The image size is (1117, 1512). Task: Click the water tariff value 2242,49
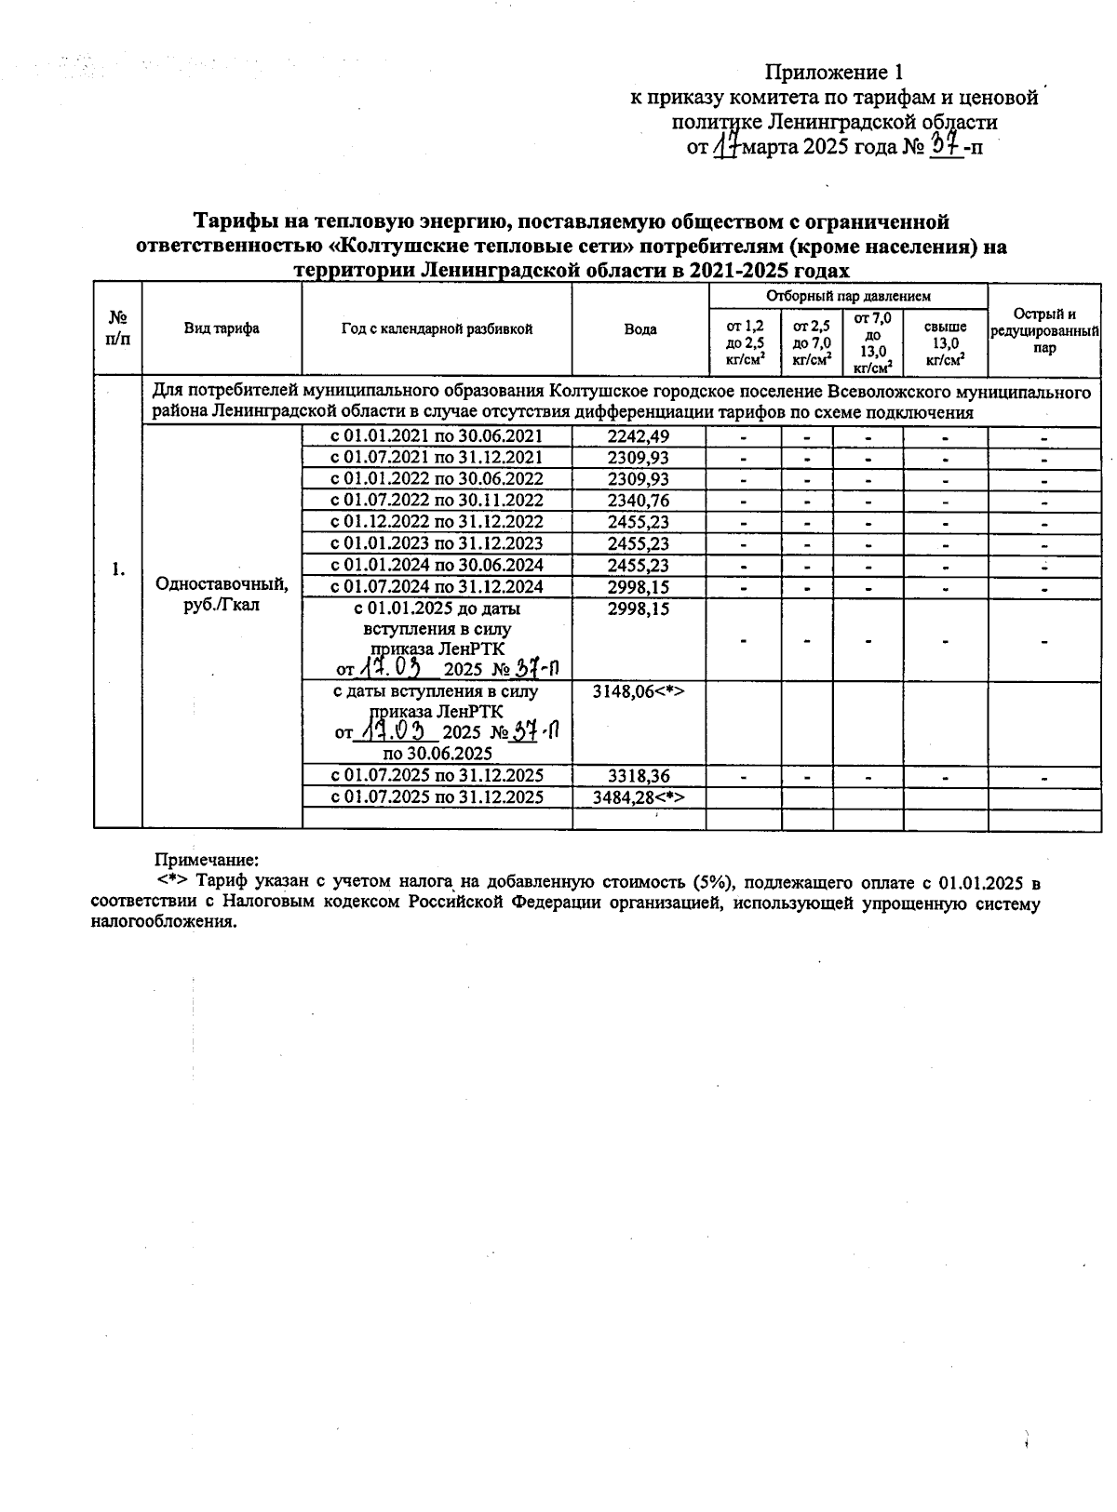[639, 436]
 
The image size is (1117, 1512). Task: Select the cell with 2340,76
[639, 501]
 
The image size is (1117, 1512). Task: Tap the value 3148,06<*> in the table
[639, 692]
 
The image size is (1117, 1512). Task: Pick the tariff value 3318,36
[639, 776]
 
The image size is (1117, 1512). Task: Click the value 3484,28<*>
[639, 797]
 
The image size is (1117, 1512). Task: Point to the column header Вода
[639, 328]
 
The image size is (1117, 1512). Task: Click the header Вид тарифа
[222, 328]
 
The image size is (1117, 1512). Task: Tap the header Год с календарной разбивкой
[437, 328]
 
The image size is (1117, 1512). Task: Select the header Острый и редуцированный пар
[1044, 330]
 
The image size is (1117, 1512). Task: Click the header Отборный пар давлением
[848, 296]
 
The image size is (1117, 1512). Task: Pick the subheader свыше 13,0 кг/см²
[946, 343]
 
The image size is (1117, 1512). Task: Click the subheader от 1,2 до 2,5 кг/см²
[745, 343]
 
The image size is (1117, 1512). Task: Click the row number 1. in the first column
[118, 570]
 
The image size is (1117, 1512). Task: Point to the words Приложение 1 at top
[834, 73]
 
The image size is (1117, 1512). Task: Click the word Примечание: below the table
[206, 861]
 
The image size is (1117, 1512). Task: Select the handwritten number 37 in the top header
[946, 145]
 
